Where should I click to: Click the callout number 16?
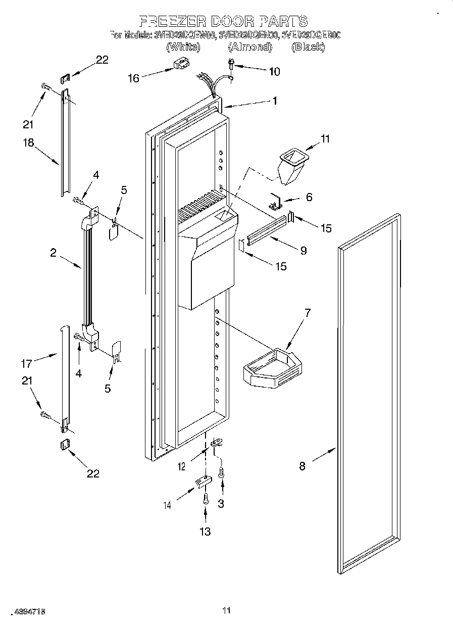click(133, 78)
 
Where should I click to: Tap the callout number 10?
click(274, 71)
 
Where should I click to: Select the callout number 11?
click(325, 139)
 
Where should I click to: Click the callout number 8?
click(302, 466)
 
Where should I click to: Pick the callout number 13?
click(205, 531)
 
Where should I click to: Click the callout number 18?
click(28, 142)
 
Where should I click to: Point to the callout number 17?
click(26, 363)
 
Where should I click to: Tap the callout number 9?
click(303, 250)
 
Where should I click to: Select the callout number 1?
click(275, 101)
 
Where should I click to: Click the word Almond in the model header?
click(249, 47)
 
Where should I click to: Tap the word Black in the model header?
click(308, 47)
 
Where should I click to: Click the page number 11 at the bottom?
click(226, 611)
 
